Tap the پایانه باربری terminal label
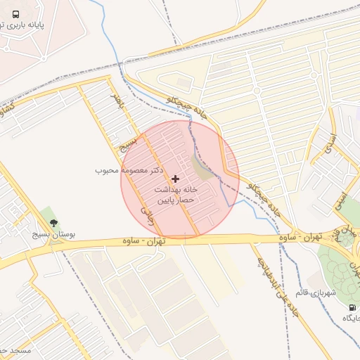click(x=41, y=25)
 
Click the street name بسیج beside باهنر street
click(x=127, y=146)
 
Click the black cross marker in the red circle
click(x=175, y=179)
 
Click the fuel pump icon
click(x=352, y=307)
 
